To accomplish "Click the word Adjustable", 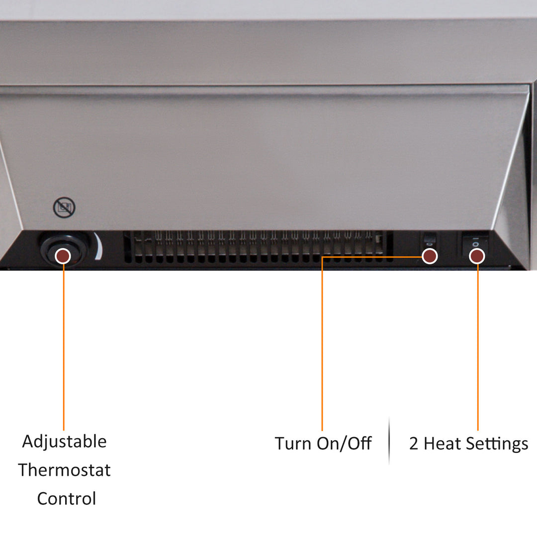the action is pyautogui.click(x=64, y=442).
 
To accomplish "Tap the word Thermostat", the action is pyautogui.click(x=64, y=470).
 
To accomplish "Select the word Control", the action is pyautogui.click(x=67, y=499).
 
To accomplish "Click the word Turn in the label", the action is pyautogui.click(x=293, y=444).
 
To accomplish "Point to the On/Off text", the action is pyautogui.click(x=344, y=444).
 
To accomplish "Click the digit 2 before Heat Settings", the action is pyautogui.click(x=414, y=444).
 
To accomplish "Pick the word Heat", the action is pyautogui.click(x=443, y=444).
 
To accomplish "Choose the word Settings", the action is pyautogui.click(x=497, y=444).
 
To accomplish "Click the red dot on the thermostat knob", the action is pyautogui.click(x=63, y=256).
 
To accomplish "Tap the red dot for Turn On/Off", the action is pyautogui.click(x=430, y=256).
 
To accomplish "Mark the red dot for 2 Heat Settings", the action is pyautogui.click(x=477, y=256).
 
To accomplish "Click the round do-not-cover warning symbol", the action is pyautogui.click(x=64, y=207).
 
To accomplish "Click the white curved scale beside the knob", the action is pyautogui.click(x=98, y=246).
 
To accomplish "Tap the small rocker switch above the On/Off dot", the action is pyautogui.click(x=430, y=240).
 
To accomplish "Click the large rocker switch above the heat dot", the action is pyautogui.click(x=475, y=242).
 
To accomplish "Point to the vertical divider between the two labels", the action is pyautogui.click(x=389, y=441).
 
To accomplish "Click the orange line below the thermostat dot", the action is pyautogui.click(x=64, y=347).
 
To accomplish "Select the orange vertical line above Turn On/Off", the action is pyautogui.click(x=322, y=344).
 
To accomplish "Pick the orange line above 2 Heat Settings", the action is pyautogui.click(x=478, y=347).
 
